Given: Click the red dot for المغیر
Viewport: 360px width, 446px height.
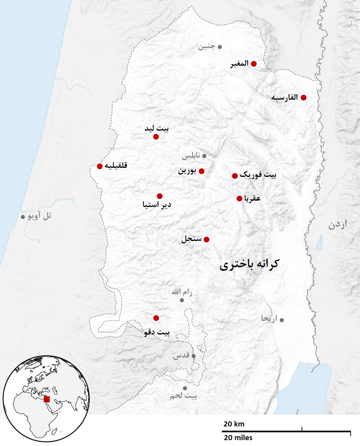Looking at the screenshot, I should pos(254,64).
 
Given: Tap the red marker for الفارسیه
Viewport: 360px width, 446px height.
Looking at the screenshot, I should pos(303,97).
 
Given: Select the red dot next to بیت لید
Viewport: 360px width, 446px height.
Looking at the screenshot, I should pos(156,137).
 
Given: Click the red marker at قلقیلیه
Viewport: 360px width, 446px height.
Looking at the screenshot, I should pos(100,166).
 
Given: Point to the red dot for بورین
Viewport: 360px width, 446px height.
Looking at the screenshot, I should pos(202,171).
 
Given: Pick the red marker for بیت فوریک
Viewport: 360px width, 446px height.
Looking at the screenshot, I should pos(235,176).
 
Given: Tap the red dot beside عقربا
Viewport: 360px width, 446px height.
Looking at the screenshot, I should pos(239,198).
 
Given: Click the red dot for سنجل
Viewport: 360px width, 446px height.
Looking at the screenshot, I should pos(207,239).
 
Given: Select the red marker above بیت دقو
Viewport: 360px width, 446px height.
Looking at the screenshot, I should pos(156,318).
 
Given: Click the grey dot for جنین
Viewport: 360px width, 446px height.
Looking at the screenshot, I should pos(220,47).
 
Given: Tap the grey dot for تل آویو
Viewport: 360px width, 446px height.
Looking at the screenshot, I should pos(23,217).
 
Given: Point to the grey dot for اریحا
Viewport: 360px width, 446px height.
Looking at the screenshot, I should pos(282,320).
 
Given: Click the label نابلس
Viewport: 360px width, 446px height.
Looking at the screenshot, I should pos(191,156).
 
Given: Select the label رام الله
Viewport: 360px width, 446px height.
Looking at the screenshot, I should pos(182,292).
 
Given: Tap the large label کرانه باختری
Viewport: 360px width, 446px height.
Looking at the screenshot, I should pos(249,265).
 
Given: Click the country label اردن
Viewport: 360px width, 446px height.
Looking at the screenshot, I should pos(338,225).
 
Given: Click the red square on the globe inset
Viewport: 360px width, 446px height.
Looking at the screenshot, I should pos(47,399).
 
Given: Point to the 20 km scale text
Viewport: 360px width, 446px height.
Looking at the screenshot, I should pos(234,424).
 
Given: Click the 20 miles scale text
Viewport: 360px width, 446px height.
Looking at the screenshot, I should pos(238,437).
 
